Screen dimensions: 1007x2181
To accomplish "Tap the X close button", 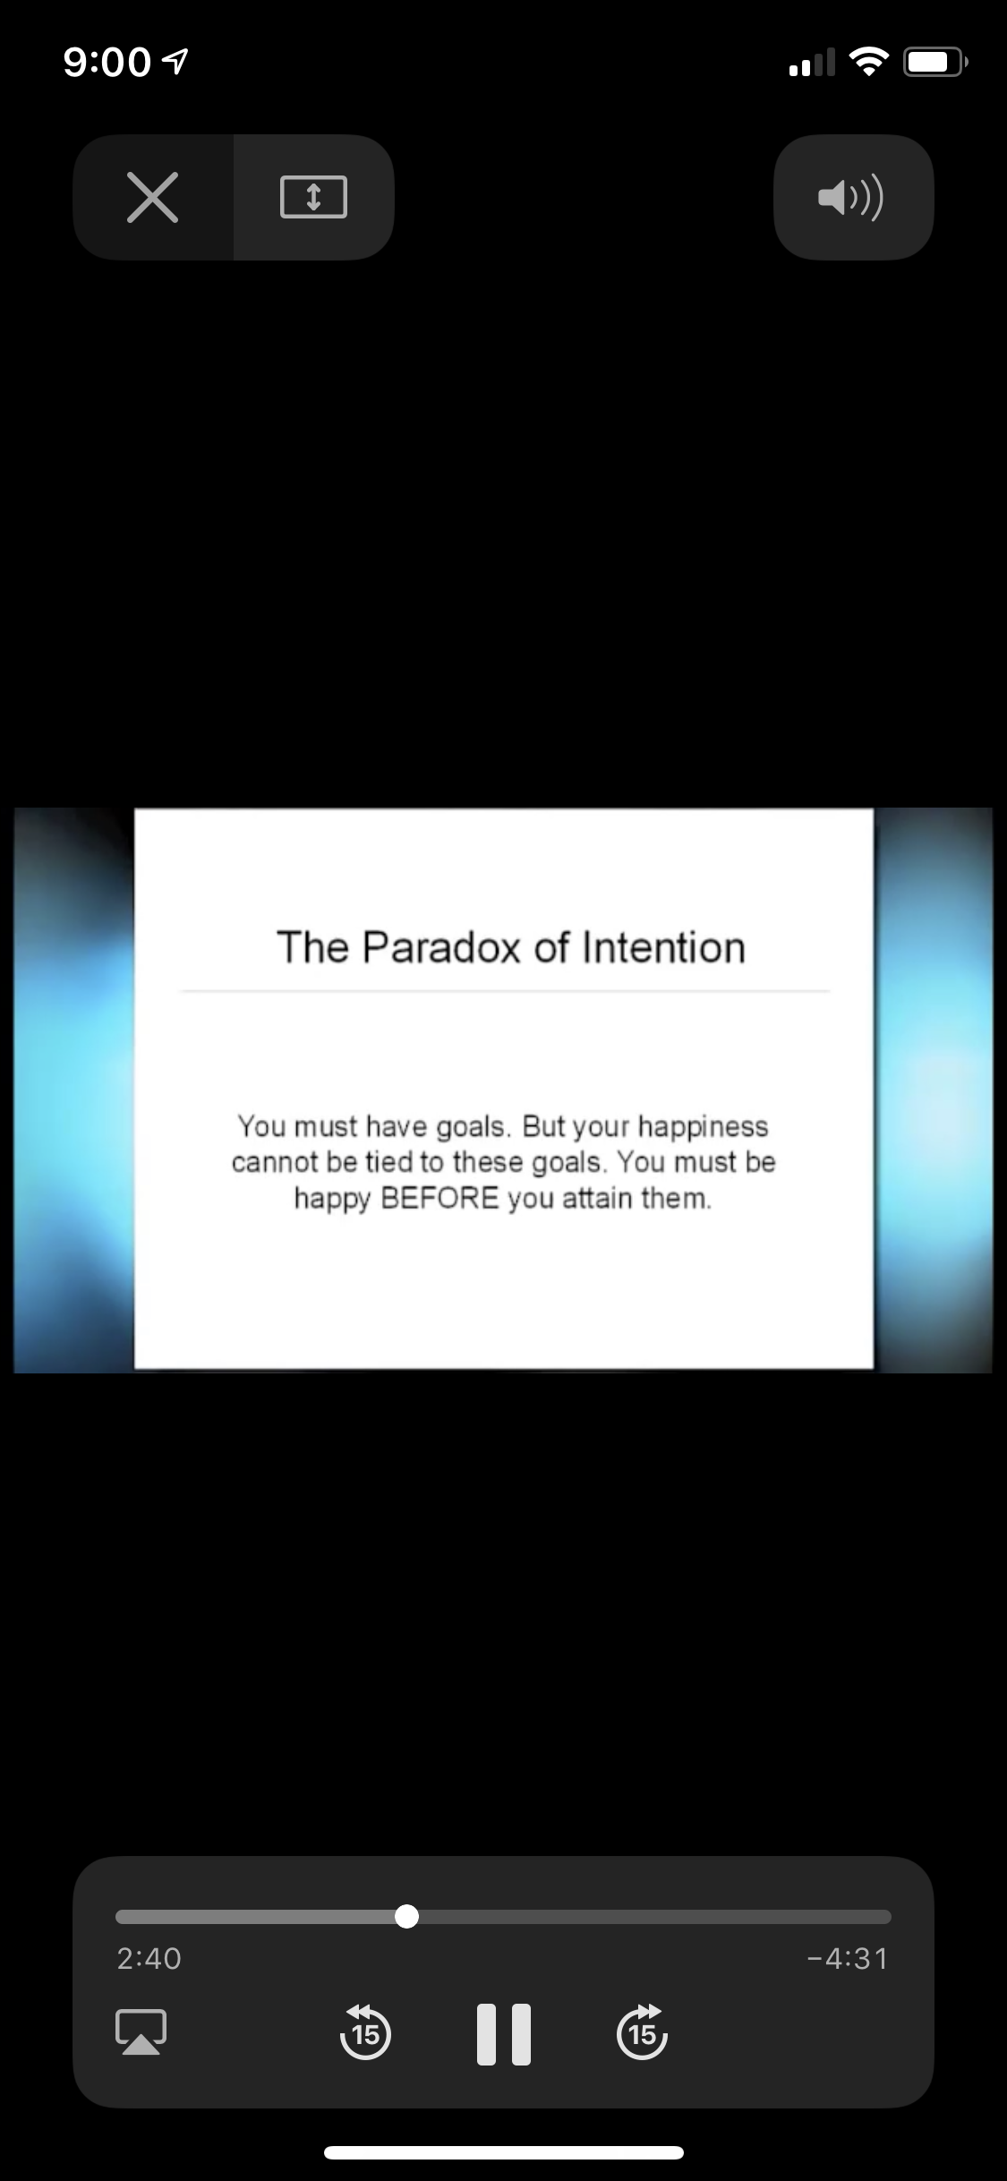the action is tap(153, 197).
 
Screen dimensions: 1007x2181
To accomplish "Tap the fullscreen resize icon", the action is tap(313, 197).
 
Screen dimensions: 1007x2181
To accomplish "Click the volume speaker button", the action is tap(851, 197).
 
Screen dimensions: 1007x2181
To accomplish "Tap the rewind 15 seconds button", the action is tap(365, 2031).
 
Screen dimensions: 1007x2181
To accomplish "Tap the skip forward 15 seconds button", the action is tap(642, 2031).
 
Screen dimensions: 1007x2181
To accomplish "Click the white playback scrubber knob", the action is tap(406, 1916).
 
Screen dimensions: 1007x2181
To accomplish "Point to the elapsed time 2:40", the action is tap(149, 1958).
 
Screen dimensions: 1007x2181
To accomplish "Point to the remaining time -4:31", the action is tap(847, 1958).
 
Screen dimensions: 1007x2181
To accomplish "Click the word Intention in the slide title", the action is tap(663, 947).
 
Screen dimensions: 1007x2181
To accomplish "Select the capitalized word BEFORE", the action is tap(439, 1198).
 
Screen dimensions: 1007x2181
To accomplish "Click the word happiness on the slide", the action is tap(703, 1127).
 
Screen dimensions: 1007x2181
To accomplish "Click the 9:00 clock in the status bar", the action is tap(107, 62).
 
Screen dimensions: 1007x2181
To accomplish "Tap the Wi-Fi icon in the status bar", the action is tap(868, 62).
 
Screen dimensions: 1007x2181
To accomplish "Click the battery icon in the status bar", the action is tap(935, 62).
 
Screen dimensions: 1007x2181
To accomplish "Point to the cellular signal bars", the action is tap(812, 63).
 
